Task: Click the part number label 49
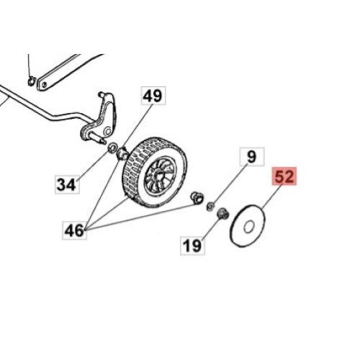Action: pyautogui.click(x=153, y=96)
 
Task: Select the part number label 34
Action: pyautogui.click(x=67, y=184)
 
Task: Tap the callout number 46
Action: pyautogui.click(x=74, y=230)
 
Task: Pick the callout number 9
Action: pyautogui.click(x=252, y=157)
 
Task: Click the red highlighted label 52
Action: pyautogui.click(x=284, y=176)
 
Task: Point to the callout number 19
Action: pyautogui.click(x=192, y=246)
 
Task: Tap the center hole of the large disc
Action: pyautogui.click(x=249, y=227)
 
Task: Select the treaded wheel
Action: pyautogui.click(x=154, y=173)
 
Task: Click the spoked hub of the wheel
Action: pyautogui.click(x=160, y=175)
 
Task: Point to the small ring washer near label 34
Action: pyautogui.click(x=112, y=148)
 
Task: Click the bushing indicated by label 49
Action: pyautogui.click(x=122, y=154)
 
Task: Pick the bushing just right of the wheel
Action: pyautogui.click(x=197, y=197)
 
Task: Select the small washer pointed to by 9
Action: pyautogui.click(x=210, y=206)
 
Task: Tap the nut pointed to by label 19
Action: pyautogui.click(x=222, y=213)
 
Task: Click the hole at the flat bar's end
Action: pyautogui.click(x=45, y=84)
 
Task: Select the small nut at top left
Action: pyautogui.click(x=31, y=81)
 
